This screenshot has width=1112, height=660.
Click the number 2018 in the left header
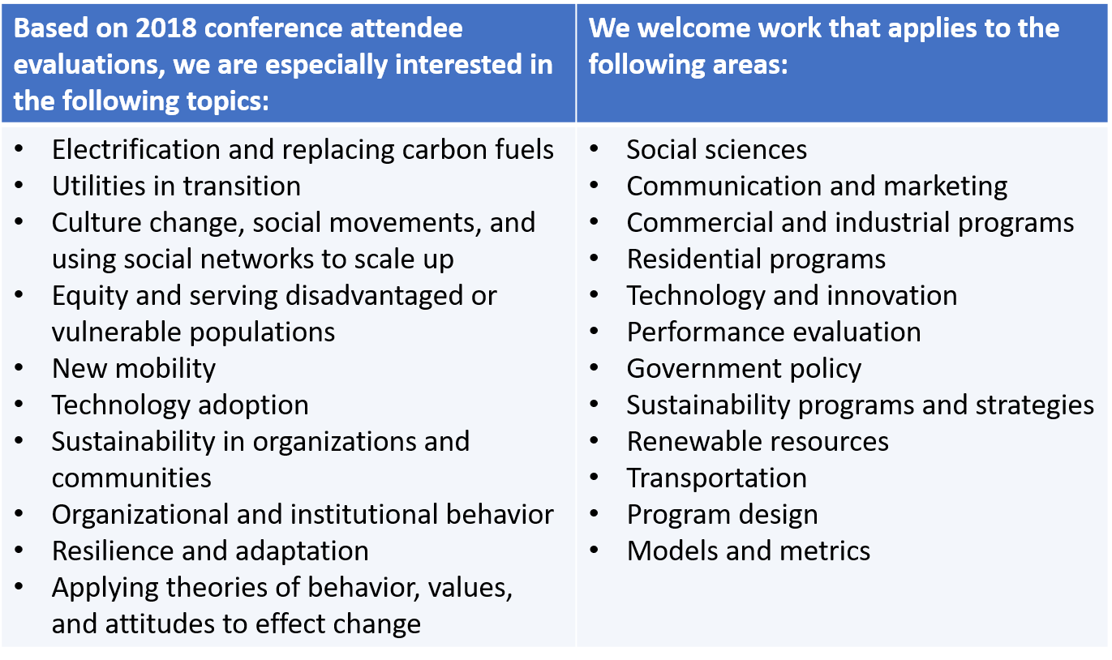pos(166,28)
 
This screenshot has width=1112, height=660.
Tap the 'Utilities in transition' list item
pos(176,186)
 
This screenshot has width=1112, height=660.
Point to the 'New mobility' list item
pos(134,369)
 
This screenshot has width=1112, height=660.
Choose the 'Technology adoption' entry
pos(180,405)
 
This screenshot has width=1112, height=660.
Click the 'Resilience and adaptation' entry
pos(210,551)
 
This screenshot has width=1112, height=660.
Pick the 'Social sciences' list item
pos(716,149)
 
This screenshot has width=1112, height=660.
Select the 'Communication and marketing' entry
pos(817,186)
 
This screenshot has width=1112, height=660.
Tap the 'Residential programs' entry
pos(756,259)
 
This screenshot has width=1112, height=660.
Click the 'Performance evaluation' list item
pos(774,332)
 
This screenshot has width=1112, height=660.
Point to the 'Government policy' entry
pos(744,369)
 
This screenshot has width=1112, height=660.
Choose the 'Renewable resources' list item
pos(758,442)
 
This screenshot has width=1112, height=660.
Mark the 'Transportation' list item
pos(717,478)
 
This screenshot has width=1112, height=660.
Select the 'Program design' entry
pos(723,515)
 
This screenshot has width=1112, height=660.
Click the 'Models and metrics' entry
pos(749,551)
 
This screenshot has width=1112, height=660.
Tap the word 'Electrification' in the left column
pos(136,149)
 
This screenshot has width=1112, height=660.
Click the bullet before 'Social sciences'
pos(594,148)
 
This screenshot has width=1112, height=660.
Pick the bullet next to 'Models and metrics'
pos(594,550)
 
